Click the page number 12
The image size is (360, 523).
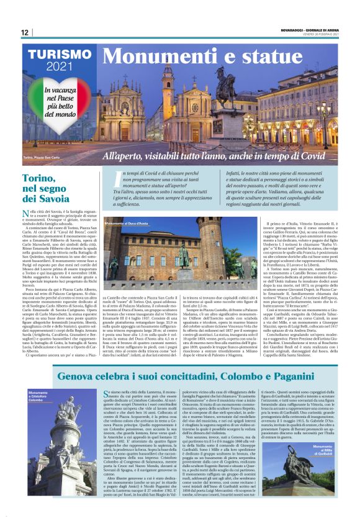(x=24, y=33)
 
